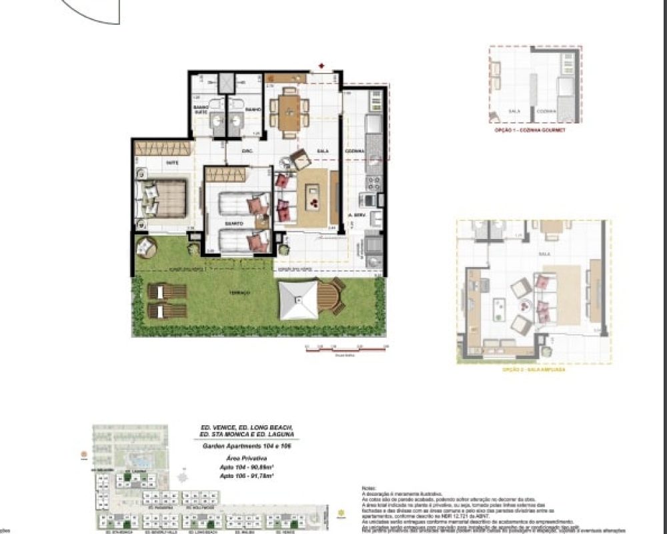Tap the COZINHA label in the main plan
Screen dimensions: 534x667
click(x=354, y=152)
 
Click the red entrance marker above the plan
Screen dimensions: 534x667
click(x=321, y=66)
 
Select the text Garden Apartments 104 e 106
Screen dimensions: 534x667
click(x=246, y=447)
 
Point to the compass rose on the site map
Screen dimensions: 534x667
click(x=181, y=477)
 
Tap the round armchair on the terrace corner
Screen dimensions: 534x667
click(x=145, y=246)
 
